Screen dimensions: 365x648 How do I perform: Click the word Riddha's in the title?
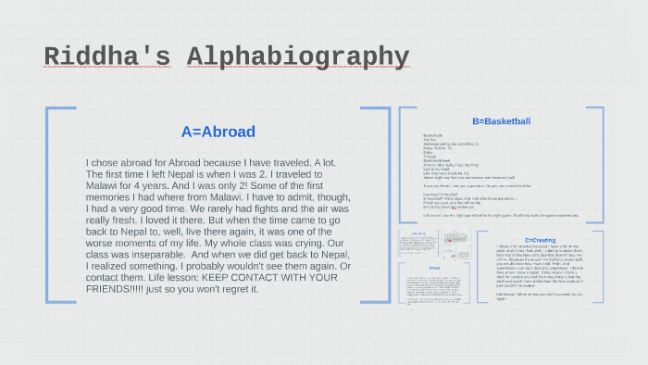pos(107,57)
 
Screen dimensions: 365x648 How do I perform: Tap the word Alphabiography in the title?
pos(297,57)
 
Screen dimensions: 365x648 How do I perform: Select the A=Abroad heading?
pos(218,132)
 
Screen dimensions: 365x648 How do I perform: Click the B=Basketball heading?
pos(501,121)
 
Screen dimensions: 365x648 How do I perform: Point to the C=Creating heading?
pos(541,240)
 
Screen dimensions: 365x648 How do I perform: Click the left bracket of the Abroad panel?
pos(51,205)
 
